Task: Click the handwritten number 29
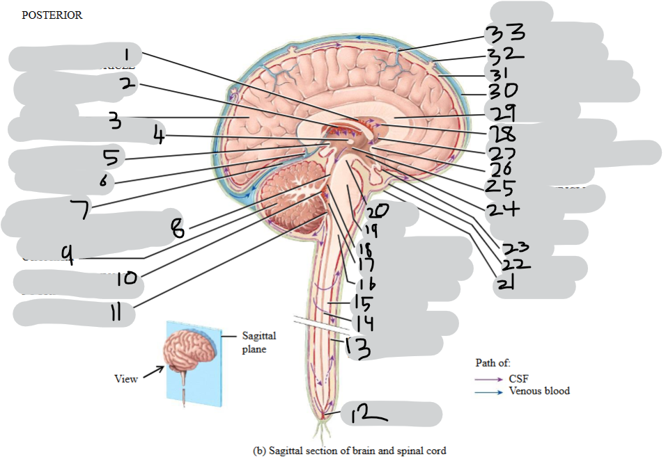[x=501, y=111]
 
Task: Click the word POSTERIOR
[x=52, y=15]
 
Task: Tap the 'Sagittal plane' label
[x=257, y=342]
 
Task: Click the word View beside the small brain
[x=126, y=378]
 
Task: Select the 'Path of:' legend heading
[x=494, y=362]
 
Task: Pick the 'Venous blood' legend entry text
[x=539, y=391]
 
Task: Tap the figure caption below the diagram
[x=348, y=449]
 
